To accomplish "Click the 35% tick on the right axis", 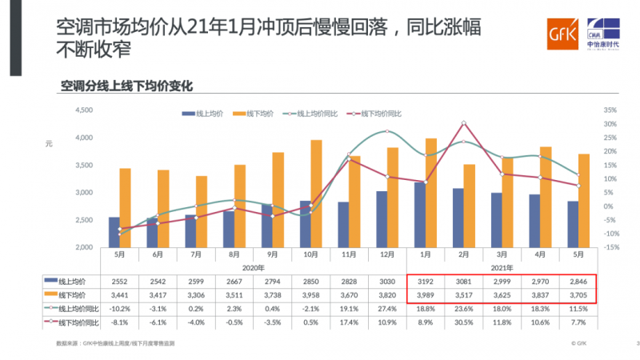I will coord(610,110).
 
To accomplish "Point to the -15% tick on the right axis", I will coord(610,247).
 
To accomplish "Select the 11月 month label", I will coord(349,255).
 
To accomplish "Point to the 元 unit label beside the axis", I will coord(49,143).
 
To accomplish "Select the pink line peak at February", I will coord(464,123).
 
